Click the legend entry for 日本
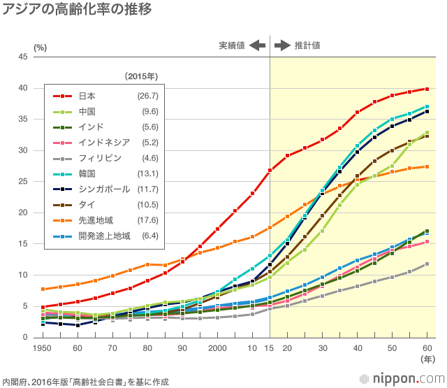(87, 95)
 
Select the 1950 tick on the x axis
(43, 348)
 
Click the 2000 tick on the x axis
(217, 348)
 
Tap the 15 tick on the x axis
(270, 348)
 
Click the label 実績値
(231, 45)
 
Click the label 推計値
(307, 45)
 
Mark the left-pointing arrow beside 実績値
(258, 45)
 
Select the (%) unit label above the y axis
(40, 47)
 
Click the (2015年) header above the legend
(142, 76)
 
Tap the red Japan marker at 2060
(427, 89)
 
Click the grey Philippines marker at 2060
(427, 264)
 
